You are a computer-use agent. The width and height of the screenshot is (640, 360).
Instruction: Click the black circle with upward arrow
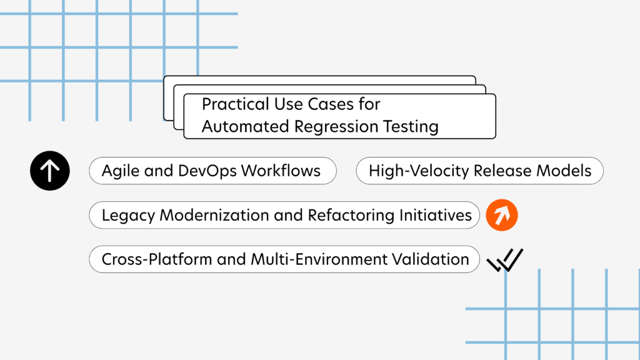(49, 171)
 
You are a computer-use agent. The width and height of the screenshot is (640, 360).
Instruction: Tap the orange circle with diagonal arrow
(502, 216)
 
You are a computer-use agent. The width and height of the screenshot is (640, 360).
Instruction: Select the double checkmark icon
(505, 260)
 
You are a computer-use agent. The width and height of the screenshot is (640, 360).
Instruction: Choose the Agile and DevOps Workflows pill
(212, 171)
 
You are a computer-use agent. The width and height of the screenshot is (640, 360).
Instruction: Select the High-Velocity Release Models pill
(479, 171)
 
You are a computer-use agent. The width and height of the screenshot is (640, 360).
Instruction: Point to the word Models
(565, 171)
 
